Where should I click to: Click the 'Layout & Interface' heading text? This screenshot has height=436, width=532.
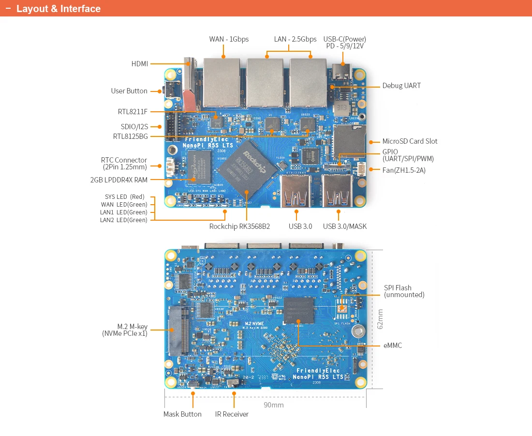(59, 9)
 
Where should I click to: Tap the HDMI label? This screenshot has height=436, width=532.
(140, 64)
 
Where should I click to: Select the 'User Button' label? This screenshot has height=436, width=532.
(129, 91)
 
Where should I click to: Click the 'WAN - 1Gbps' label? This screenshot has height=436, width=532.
(229, 39)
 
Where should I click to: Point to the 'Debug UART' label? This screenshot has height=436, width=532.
(401, 86)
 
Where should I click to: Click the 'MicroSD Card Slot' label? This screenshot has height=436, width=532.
(410, 141)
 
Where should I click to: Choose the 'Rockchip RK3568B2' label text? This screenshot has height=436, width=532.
(239, 226)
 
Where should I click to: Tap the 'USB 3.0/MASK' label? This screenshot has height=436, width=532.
(345, 226)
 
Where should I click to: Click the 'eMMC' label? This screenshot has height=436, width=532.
(392, 346)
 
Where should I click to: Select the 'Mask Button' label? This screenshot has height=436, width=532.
(182, 414)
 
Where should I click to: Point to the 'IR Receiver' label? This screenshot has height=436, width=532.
(232, 414)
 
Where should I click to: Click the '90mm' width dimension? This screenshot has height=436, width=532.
(274, 405)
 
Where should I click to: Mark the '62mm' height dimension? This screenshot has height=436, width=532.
(380, 319)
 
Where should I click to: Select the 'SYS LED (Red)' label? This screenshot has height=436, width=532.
(125, 197)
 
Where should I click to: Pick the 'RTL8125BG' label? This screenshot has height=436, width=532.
(131, 136)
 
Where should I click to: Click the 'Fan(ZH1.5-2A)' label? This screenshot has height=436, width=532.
(404, 170)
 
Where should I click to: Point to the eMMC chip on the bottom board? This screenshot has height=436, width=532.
(298, 310)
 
